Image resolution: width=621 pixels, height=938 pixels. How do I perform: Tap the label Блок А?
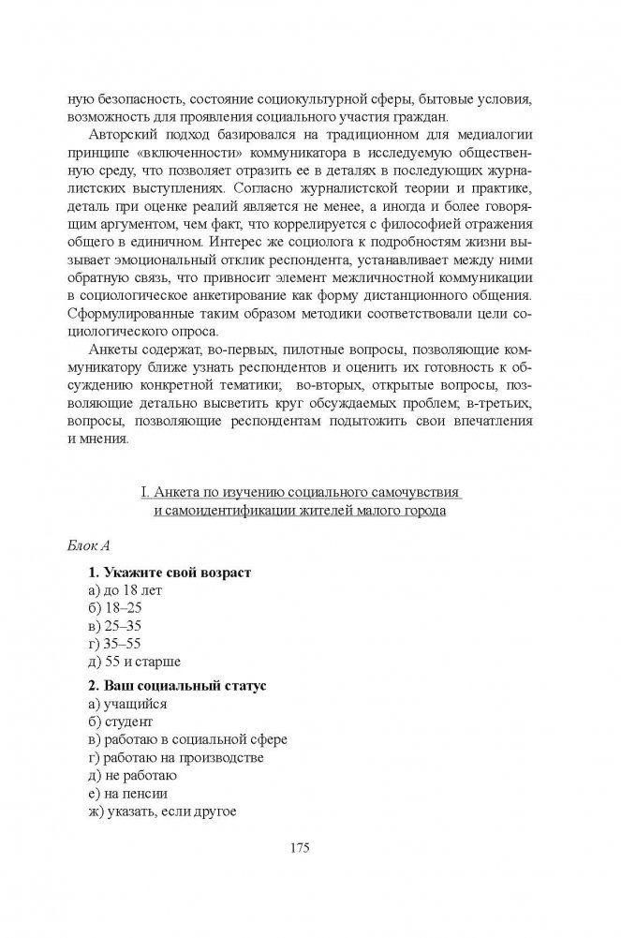pos(92,544)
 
